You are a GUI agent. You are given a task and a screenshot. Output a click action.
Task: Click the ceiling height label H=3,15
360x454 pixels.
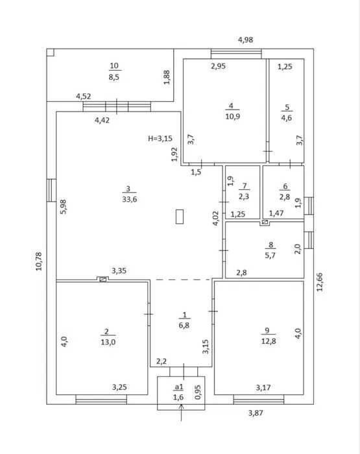click(x=160, y=138)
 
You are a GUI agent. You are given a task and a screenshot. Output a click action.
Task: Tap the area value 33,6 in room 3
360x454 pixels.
click(x=130, y=199)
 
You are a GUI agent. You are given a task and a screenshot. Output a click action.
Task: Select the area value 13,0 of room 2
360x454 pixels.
click(x=108, y=342)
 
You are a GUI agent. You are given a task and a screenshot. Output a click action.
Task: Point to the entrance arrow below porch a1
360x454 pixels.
click(x=182, y=412)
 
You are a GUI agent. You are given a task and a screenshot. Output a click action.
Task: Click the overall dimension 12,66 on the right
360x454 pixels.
click(x=319, y=281)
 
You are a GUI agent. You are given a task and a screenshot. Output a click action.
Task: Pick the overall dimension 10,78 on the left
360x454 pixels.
click(x=39, y=261)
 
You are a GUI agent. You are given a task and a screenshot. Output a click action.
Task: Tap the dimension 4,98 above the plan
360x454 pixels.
click(x=246, y=40)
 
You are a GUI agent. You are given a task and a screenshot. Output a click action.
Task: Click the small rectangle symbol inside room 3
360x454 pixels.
click(x=180, y=217)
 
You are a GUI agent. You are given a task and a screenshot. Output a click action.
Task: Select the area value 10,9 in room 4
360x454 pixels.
click(x=233, y=116)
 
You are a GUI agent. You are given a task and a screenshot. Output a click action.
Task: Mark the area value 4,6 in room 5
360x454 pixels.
click(x=287, y=118)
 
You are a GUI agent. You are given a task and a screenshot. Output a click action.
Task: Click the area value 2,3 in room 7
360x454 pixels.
click(x=244, y=197)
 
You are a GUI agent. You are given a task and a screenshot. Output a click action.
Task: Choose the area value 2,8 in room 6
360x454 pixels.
click(x=285, y=197)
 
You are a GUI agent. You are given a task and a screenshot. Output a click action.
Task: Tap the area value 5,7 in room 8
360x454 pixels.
click(x=270, y=256)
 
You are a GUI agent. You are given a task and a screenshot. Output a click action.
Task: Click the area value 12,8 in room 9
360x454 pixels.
click(x=269, y=341)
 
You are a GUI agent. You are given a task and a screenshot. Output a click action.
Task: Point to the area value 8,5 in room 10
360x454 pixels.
click(x=114, y=77)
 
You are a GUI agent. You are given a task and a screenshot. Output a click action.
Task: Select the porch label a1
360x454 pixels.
click(x=179, y=387)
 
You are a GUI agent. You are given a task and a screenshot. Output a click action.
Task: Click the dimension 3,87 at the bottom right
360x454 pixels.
click(x=256, y=413)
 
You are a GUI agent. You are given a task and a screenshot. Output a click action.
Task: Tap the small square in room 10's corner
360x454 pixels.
click(x=51, y=52)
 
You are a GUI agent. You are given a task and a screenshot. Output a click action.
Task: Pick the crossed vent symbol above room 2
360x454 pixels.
click(x=102, y=280)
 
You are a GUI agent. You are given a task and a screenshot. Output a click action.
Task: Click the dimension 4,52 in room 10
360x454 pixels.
click(x=84, y=96)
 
